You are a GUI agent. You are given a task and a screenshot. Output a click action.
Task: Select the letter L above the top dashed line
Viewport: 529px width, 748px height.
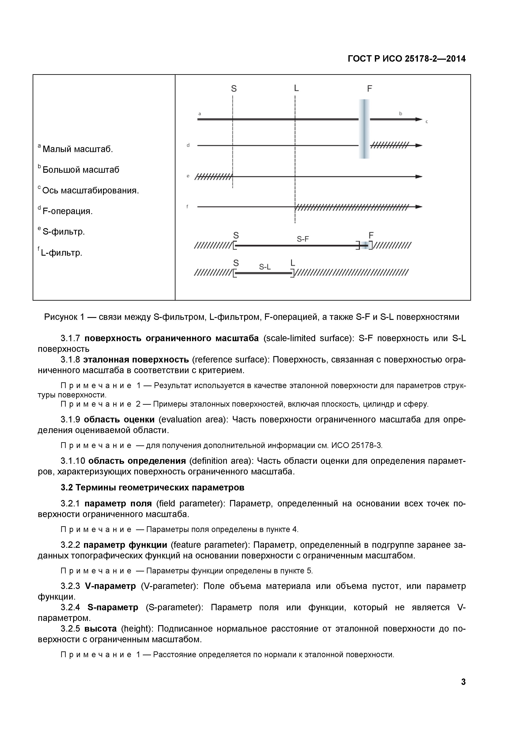coord(296,88)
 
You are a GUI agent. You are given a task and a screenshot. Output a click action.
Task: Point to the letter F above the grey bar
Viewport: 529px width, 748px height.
coord(369,89)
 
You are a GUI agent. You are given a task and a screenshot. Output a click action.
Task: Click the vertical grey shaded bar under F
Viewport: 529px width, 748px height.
coord(364,129)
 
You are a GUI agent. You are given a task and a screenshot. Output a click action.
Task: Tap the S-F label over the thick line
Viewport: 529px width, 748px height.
coord(303,239)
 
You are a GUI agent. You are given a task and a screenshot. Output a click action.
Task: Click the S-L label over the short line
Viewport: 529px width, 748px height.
coord(265,267)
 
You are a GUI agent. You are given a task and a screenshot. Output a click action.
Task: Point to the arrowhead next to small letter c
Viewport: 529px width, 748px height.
coord(419,119)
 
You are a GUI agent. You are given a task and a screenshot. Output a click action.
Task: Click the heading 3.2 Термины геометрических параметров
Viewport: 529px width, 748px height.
coord(152,488)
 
